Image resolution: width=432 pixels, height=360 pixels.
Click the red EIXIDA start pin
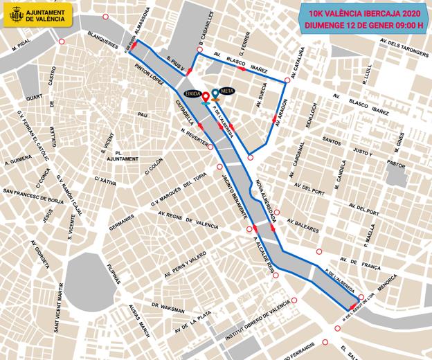pos(206,98)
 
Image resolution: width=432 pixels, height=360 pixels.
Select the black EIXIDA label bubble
pos(193,92)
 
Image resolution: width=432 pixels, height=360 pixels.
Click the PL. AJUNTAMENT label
pos(122,155)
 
